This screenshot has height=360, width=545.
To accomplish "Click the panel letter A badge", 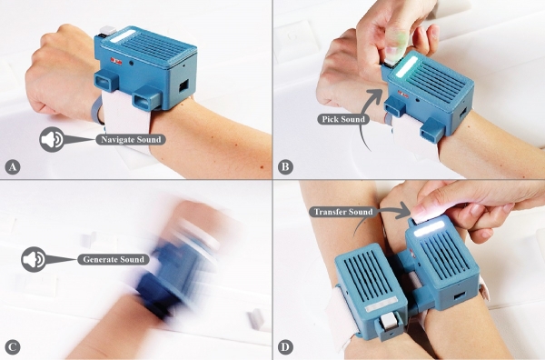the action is pyautogui.click(x=13, y=167).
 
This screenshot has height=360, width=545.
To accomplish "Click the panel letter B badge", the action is pyautogui.click(x=285, y=167).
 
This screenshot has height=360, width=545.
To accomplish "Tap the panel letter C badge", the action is pyautogui.click(x=13, y=346).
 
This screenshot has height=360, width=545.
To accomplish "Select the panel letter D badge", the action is pyautogui.click(x=285, y=346).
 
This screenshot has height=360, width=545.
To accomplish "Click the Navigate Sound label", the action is pyautogui.click(x=131, y=139).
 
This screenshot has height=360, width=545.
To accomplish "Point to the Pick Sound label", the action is pyautogui.click(x=342, y=119).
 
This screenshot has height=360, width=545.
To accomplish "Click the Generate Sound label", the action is pyautogui.click(x=114, y=259).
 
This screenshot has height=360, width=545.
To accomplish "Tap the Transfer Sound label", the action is pyautogui.click(x=343, y=212).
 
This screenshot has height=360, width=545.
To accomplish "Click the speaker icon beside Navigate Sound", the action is pyautogui.click(x=52, y=139).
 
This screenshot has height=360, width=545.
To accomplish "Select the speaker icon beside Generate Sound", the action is pyautogui.click(x=35, y=259).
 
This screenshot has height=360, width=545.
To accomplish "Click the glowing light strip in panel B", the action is pyautogui.click(x=406, y=67).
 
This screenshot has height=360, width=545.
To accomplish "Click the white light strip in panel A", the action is pyautogui.click(x=122, y=36).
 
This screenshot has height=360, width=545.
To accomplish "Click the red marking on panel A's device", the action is pyautogui.click(x=116, y=61).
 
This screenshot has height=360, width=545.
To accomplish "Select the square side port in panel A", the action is pyautogui.click(x=183, y=85).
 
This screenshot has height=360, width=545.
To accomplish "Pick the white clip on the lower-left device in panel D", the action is pyautogui.click(x=389, y=320).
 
